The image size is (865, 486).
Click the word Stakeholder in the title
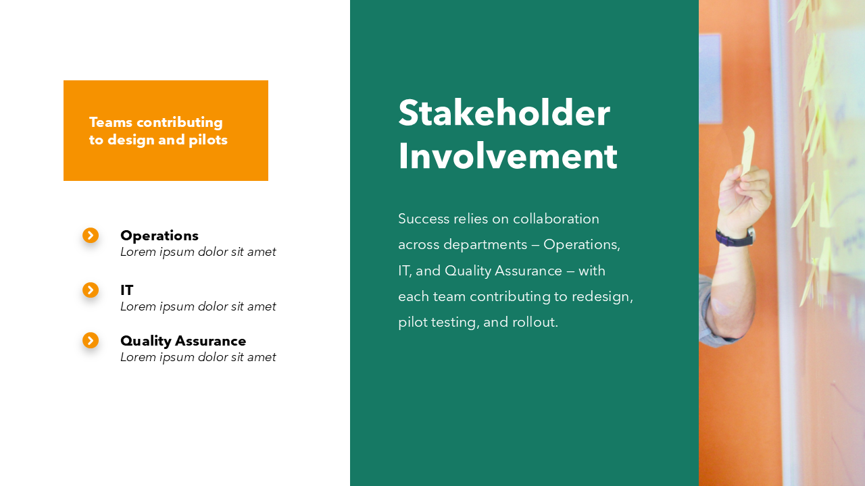(x=504, y=113)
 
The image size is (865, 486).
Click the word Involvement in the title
(x=508, y=156)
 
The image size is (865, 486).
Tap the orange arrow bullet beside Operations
(x=91, y=235)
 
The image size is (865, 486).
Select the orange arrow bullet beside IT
(x=91, y=290)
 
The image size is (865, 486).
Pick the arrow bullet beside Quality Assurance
(x=91, y=340)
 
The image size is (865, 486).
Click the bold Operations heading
(x=159, y=236)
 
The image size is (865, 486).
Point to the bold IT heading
(x=127, y=290)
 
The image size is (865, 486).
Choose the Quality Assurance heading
(x=183, y=341)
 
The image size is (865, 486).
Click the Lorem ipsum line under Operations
(x=198, y=252)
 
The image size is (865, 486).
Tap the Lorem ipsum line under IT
(x=198, y=306)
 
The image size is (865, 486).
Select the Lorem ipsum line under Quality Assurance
(x=198, y=357)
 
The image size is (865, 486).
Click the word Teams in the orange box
(x=111, y=122)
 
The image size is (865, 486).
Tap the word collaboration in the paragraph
(x=556, y=219)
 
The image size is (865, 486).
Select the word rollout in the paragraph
(x=535, y=322)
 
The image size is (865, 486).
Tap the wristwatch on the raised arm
(x=735, y=237)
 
